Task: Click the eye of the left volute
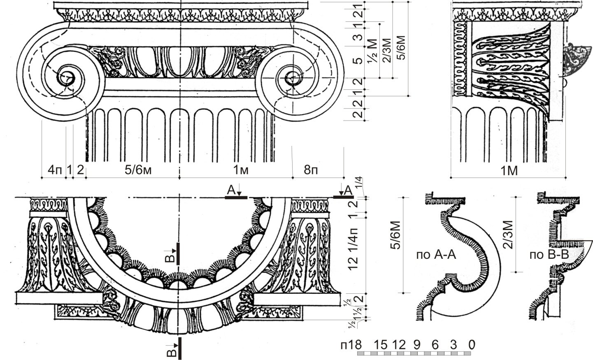click(x=66, y=77)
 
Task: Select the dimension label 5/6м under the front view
click(x=138, y=169)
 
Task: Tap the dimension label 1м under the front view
click(x=241, y=169)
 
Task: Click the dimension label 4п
click(x=55, y=169)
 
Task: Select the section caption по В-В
click(x=549, y=255)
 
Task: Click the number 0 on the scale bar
click(x=472, y=344)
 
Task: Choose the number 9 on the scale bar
click(x=416, y=344)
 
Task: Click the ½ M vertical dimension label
click(x=372, y=50)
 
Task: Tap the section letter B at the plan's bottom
click(x=173, y=352)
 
